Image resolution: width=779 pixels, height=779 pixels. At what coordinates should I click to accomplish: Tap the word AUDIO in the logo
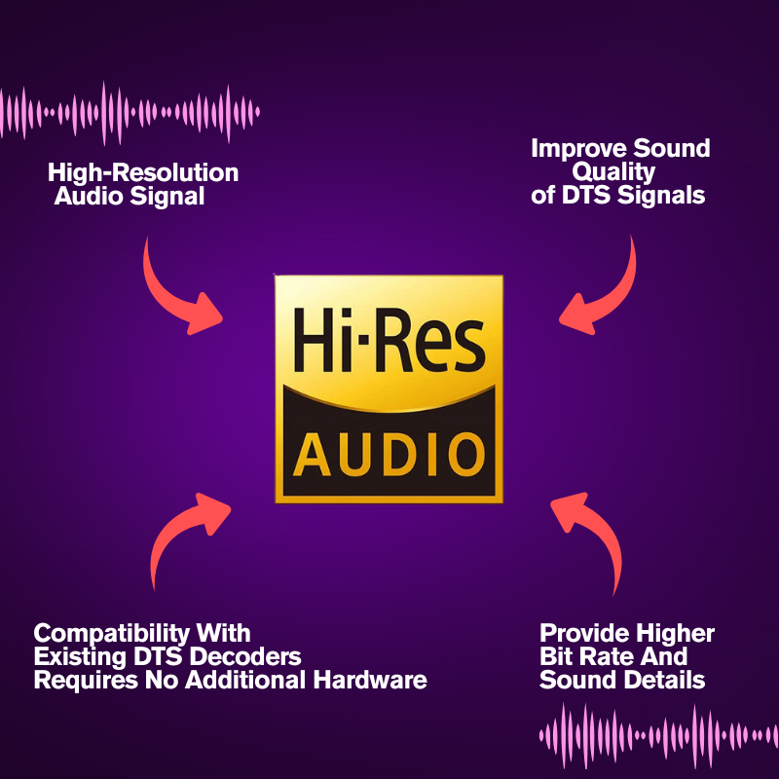coord(389,453)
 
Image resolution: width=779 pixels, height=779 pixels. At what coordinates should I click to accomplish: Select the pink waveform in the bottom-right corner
coord(657,730)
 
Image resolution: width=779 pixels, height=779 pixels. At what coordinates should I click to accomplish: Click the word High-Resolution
coord(143,173)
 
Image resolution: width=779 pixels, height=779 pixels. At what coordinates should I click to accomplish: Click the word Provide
coord(583,634)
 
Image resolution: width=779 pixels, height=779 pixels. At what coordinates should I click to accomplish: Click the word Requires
coord(80,680)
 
